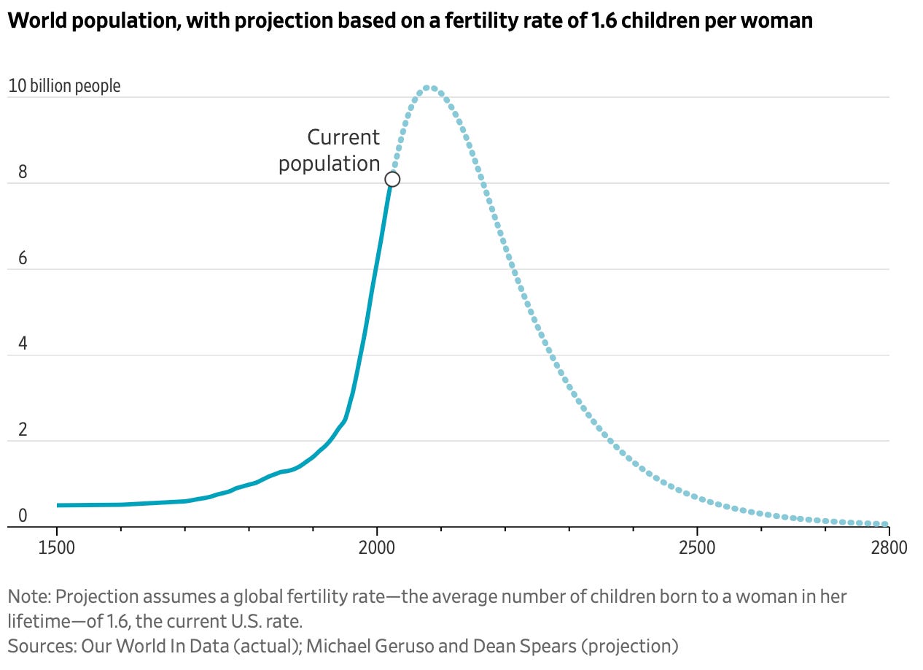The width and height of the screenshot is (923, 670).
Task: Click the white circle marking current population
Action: tap(392, 179)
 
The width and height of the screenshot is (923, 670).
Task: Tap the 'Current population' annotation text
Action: tap(330, 150)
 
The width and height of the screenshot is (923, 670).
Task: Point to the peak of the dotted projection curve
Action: tap(429, 88)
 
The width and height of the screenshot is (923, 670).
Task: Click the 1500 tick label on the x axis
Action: tap(56, 547)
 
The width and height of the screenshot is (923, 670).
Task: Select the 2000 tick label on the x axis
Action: tap(377, 547)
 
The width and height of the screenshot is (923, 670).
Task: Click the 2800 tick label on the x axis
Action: tap(889, 547)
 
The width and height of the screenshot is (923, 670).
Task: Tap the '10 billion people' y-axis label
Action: tap(64, 86)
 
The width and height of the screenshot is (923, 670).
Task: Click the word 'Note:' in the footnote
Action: tap(29, 596)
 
